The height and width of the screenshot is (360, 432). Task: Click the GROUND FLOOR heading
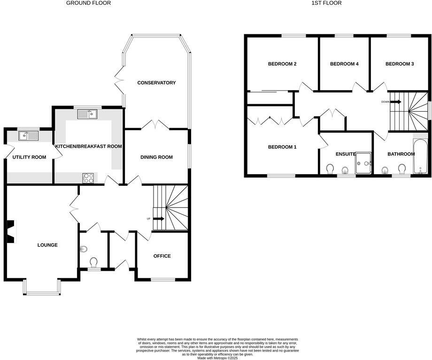coord(89,3)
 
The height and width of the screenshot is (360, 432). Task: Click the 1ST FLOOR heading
coord(326,3)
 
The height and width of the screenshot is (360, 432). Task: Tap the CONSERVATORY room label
coord(156,83)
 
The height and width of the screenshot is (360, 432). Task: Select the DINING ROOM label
coord(156,157)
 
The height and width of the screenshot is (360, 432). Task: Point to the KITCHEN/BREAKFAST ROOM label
coord(89,146)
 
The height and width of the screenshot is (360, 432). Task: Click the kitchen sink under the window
coord(87,114)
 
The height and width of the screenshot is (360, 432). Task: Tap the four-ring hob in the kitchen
coord(88,178)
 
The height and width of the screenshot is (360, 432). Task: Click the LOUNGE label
coord(47,245)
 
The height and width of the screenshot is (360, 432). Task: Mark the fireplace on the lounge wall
coord(10,232)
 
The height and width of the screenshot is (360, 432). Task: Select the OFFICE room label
coord(162,256)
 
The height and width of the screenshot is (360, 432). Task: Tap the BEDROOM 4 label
coord(344,64)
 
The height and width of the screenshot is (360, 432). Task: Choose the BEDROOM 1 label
coord(282,147)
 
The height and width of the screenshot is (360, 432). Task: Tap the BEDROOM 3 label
coord(400,64)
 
